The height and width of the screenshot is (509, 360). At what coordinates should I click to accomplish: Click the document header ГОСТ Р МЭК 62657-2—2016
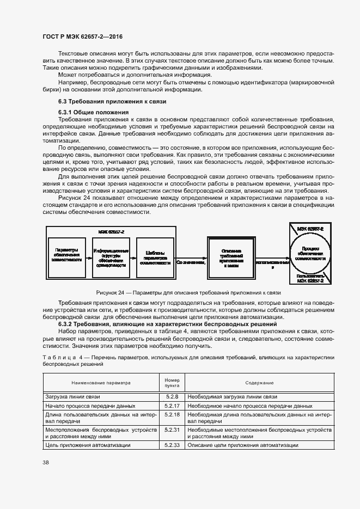pyautogui.click(x=82, y=35)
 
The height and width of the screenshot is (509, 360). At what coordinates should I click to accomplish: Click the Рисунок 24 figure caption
pyautogui.click(x=188, y=292)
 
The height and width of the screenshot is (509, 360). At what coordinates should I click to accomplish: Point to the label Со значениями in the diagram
pyautogui.click(x=191, y=262)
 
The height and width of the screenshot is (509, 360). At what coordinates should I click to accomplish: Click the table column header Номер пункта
pyautogui.click(x=169, y=382)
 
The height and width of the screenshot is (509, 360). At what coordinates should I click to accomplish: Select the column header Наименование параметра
pyautogui.click(x=101, y=382)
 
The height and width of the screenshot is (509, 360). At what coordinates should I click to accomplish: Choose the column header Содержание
pyautogui.click(x=259, y=382)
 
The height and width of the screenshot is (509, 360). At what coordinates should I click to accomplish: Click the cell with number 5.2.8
pyautogui.click(x=169, y=397)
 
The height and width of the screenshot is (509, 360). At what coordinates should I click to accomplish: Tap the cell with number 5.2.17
pyautogui.click(x=169, y=406)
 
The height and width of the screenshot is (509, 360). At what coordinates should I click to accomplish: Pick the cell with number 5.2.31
pyautogui.click(x=169, y=430)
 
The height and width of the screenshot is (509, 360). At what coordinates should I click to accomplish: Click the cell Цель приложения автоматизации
pyautogui.click(x=88, y=445)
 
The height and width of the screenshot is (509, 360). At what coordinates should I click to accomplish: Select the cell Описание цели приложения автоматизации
pyautogui.click(x=243, y=445)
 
